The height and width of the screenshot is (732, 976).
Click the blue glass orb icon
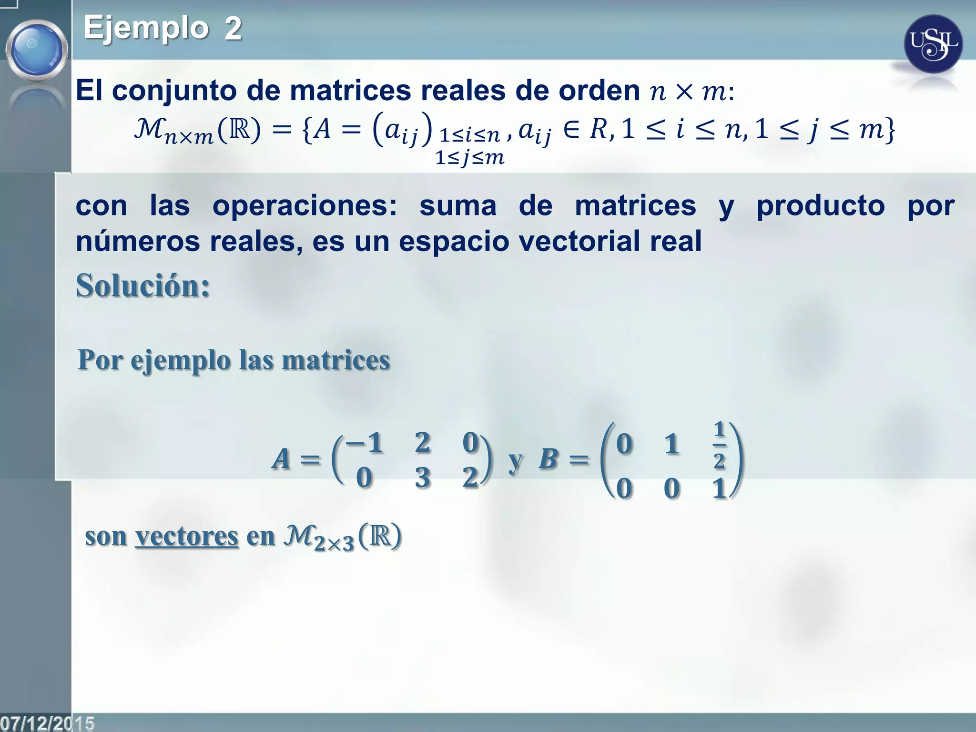(x=37, y=50)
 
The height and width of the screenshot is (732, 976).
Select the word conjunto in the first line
(x=174, y=91)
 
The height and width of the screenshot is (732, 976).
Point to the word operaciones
(x=305, y=206)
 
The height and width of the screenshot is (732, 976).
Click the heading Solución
(x=143, y=286)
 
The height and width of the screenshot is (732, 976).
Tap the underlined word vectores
(x=186, y=536)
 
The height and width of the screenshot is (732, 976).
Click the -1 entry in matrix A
(x=365, y=442)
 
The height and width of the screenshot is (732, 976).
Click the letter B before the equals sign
(x=548, y=459)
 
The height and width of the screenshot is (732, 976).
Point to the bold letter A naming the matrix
(x=281, y=459)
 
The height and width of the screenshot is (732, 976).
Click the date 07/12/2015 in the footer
(x=47, y=723)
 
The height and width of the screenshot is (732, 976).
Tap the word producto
(x=821, y=206)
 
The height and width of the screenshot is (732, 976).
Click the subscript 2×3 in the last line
(x=334, y=543)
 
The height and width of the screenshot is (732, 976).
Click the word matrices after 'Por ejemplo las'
(x=336, y=360)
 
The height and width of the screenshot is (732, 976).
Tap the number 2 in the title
(x=233, y=29)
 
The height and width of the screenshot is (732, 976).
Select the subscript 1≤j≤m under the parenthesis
(x=469, y=157)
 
